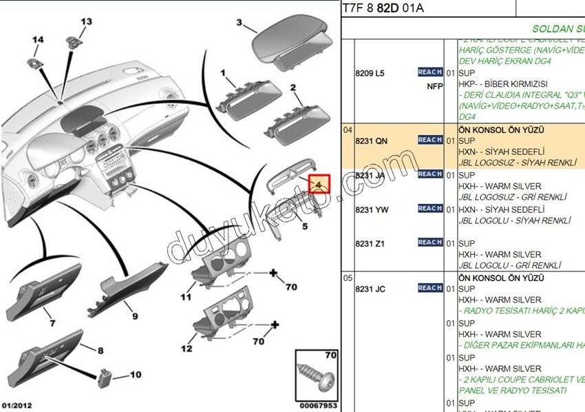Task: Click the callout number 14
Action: (38, 40)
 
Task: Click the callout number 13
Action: (86, 22)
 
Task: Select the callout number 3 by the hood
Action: (239, 23)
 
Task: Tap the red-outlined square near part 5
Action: (319, 184)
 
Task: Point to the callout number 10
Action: (135, 375)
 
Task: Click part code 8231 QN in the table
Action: (371, 141)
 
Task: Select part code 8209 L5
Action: (370, 73)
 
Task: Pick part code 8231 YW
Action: (371, 209)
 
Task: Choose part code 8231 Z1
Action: (370, 244)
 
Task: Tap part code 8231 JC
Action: (370, 289)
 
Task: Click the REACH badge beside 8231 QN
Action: (430, 140)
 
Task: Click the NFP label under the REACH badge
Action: (434, 86)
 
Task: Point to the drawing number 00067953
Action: (318, 406)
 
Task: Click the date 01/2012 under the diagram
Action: (17, 405)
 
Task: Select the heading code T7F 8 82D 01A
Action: (383, 8)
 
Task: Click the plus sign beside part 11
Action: (273, 274)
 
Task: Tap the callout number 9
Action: (135, 316)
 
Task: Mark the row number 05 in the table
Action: (348, 278)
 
